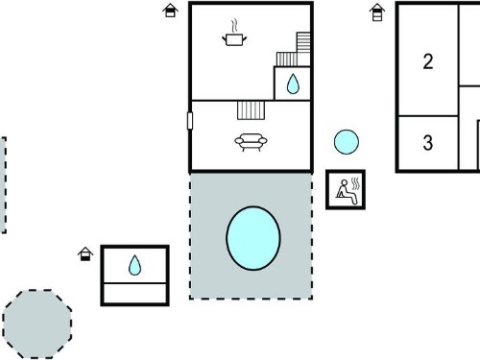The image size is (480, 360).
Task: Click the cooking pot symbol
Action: coord(234,39)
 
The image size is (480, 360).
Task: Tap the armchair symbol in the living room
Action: coord(251,142)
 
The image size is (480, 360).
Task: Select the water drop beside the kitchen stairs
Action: coord(293,84)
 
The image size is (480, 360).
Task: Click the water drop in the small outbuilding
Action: coord(134,265)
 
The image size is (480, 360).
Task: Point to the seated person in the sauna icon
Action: coord(346,192)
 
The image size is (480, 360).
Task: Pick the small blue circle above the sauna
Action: coord(347,142)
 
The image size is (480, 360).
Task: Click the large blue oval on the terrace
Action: coord(253,238)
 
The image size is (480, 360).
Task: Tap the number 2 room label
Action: coord(428,61)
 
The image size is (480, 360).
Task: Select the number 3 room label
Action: coord(428,142)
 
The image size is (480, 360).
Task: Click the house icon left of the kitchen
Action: coord(170,11)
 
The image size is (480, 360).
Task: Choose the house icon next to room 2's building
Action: coord(377,12)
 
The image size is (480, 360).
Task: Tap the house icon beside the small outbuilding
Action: coord(85,253)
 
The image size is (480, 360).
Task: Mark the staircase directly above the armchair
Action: coord(252,110)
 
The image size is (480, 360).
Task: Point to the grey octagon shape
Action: coord(37,324)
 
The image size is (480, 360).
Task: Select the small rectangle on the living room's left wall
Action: coord(190,121)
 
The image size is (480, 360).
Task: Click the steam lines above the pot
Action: coord(235,26)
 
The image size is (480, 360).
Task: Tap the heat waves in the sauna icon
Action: coord(355,184)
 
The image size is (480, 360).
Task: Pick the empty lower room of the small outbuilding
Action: coord(134,293)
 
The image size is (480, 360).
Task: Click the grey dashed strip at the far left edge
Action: coord(3,185)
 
